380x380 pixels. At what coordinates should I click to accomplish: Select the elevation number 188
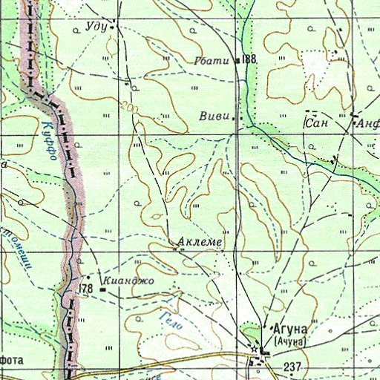pos(249,59)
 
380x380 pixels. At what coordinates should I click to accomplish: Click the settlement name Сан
pos(317,123)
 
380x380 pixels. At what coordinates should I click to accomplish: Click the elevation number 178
pos(86,288)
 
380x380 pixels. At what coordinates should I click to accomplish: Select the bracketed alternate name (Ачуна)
pos(290,341)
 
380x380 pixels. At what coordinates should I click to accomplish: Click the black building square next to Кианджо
pos(102,290)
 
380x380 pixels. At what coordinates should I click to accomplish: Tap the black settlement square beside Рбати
pos(237,60)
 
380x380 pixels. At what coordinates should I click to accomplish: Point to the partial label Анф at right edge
pos(368,125)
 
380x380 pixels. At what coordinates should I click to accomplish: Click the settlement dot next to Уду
pos(113,27)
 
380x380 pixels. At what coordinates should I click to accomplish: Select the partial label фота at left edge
pos(13,360)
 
